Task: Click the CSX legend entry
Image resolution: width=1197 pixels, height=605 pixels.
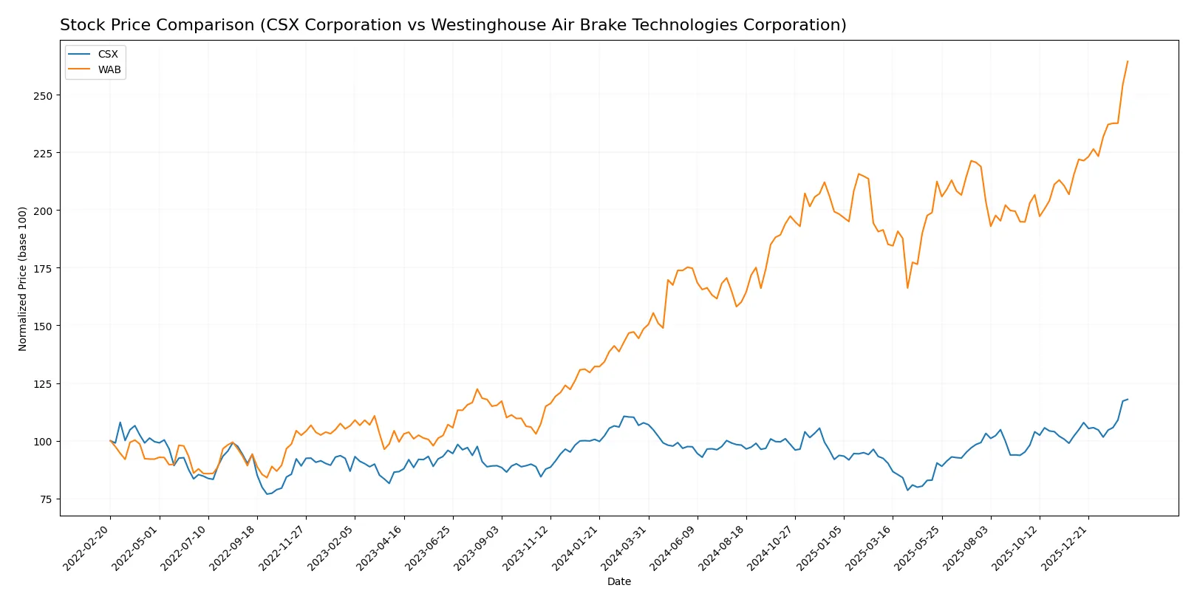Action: coord(107,54)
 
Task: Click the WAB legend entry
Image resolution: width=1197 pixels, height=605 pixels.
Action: coord(109,69)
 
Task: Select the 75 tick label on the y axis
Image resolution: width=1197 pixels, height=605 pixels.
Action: coord(46,499)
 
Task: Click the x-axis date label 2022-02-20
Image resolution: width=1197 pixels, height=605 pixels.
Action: coord(87,547)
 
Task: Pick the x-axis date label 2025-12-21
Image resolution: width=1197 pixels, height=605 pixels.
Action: coord(1065,547)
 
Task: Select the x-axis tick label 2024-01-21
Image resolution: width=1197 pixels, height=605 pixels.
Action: coord(576,547)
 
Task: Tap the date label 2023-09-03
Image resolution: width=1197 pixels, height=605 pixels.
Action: coord(478,547)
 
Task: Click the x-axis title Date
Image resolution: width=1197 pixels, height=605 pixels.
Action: coord(618,581)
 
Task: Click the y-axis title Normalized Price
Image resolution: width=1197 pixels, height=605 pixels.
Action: coord(23,278)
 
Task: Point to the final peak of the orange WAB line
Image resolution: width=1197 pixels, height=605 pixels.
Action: coord(1128,61)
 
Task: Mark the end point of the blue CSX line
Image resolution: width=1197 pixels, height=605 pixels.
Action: coord(1128,400)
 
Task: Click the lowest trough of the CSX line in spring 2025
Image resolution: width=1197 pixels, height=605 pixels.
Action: coord(908,491)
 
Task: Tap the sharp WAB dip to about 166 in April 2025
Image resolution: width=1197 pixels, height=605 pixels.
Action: coord(908,287)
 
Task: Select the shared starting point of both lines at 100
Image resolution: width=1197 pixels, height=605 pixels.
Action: coord(110,441)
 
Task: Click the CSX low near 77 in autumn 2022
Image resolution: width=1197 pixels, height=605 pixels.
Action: coord(267,493)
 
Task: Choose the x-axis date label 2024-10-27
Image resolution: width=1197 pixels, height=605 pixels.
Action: coord(771,547)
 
